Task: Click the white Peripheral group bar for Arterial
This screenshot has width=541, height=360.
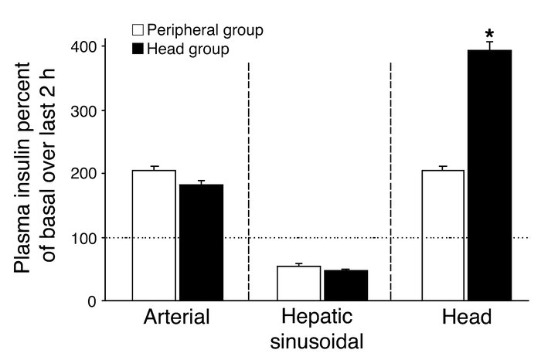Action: [154, 235]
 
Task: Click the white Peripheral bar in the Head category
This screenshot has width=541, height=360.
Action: [443, 235]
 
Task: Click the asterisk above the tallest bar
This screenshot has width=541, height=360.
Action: [490, 35]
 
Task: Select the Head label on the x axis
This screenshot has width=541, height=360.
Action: [467, 318]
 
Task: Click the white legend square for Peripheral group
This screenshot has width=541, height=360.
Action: [137, 31]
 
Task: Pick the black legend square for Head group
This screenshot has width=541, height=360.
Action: [137, 48]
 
